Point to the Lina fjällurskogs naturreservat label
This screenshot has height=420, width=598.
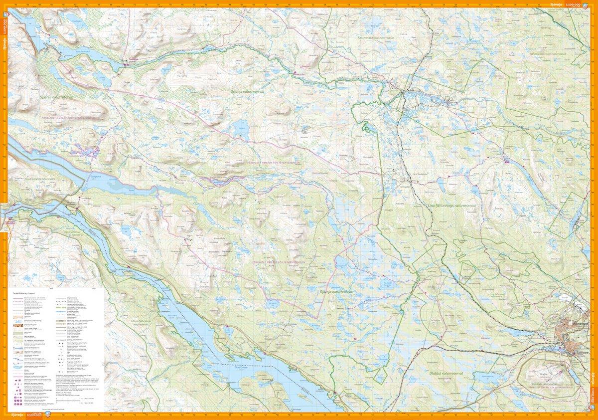(x=448, y=205)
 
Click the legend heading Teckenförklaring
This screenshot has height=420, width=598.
(x=21, y=293)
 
